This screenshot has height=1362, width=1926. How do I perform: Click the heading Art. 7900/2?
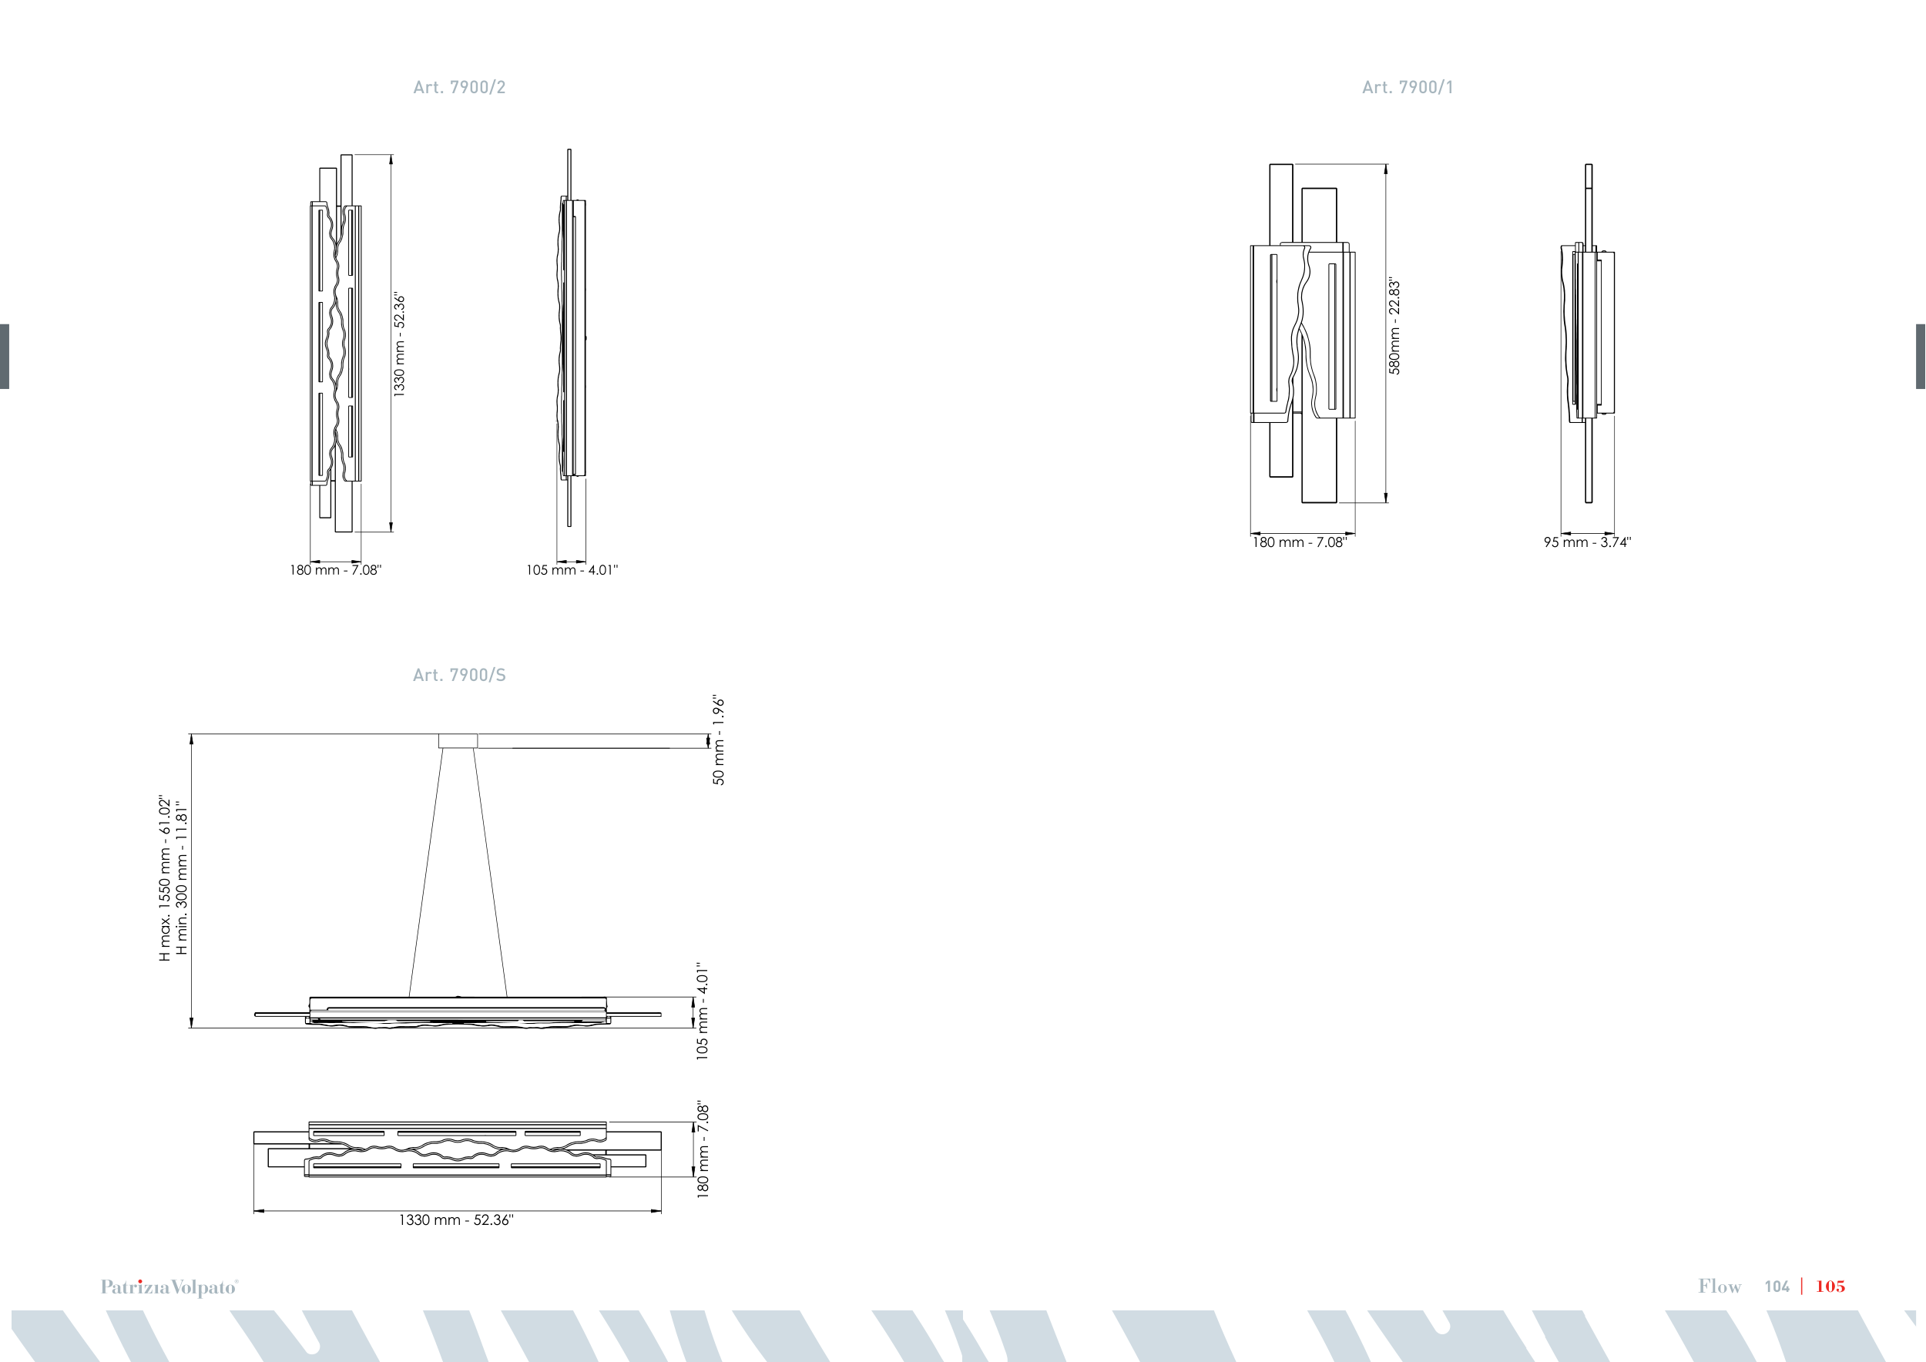[459, 87]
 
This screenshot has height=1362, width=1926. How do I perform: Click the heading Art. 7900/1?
[1408, 87]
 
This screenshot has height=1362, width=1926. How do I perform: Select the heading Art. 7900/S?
[459, 675]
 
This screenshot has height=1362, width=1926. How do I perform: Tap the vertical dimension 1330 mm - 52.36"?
[399, 344]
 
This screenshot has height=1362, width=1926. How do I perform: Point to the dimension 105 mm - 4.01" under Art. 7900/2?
[572, 570]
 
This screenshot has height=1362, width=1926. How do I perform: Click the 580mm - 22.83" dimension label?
[1394, 326]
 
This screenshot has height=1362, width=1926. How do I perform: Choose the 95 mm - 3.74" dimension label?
[1587, 542]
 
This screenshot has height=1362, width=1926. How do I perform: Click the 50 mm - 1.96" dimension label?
[719, 740]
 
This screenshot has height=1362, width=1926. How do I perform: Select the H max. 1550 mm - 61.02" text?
[164, 878]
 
